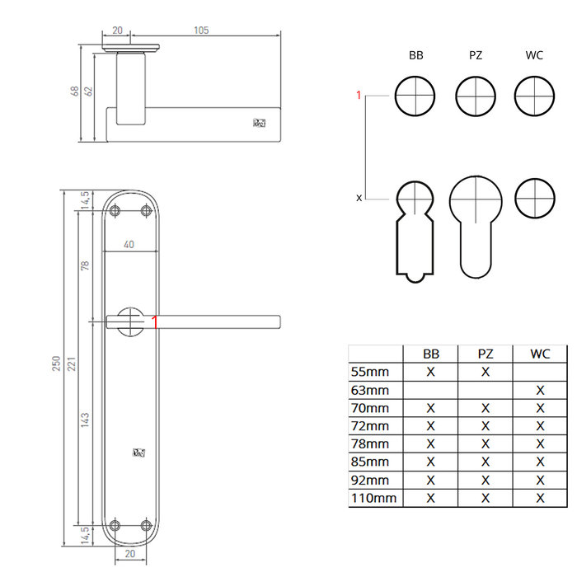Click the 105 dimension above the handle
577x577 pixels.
tap(200, 30)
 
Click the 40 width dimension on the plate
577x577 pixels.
tap(129, 244)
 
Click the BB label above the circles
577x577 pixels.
tap(415, 56)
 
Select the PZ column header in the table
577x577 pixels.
tap(486, 354)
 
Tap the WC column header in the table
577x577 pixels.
tap(540, 354)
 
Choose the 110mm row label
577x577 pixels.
tap(373, 498)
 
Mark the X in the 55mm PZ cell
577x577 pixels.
tap(486, 372)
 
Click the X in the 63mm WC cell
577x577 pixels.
tap(540, 390)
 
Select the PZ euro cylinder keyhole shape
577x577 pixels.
tap(476, 223)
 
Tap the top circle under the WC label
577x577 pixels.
tap(533, 96)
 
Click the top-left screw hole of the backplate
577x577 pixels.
tap(115, 210)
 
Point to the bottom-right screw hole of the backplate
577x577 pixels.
tap(147, 524)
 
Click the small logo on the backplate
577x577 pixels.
tap(138, 452)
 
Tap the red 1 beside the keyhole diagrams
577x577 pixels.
tap(359, 96)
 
